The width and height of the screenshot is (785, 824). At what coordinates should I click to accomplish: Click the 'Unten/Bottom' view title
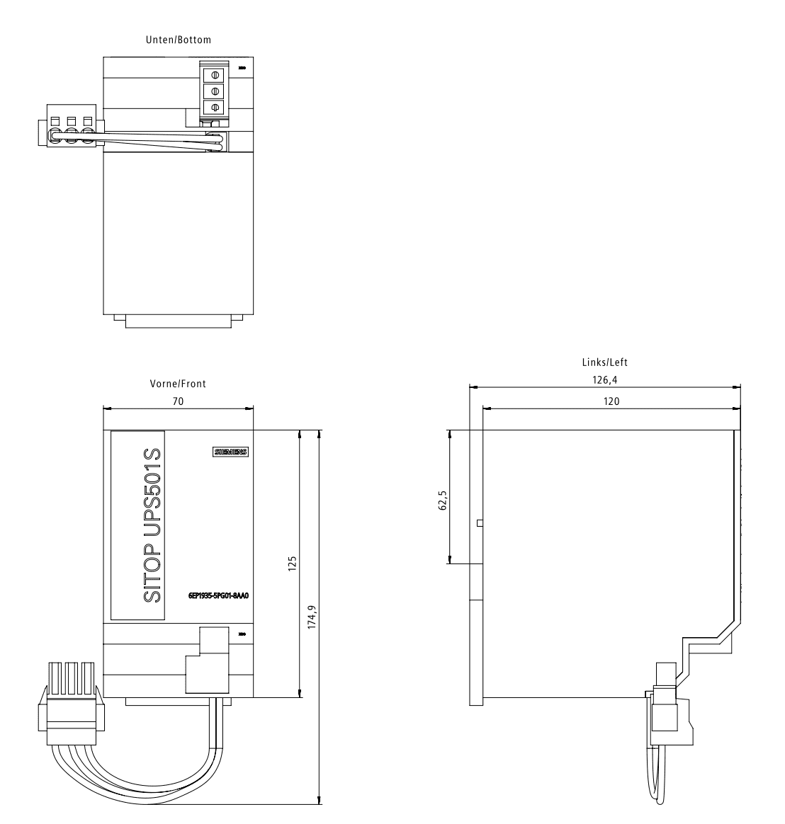click(x=179, y=40)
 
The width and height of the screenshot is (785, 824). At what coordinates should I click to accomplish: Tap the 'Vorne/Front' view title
click(x=178, y=384)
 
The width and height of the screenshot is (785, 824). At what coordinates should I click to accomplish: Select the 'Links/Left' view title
click(x=604, y=362)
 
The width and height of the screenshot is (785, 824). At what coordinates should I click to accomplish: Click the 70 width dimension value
click(x=179, y=401)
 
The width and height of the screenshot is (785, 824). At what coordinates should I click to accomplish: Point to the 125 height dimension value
click(x=293, y=563)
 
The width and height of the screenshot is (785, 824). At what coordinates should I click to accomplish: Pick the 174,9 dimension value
click(x=312, y=617)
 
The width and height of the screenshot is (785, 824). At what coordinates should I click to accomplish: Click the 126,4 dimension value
click(x=604, y=380)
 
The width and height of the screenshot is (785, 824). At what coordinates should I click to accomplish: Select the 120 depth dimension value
click(x=611, y=401)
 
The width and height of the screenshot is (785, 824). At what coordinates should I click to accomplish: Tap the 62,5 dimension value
click(x=443, y=500)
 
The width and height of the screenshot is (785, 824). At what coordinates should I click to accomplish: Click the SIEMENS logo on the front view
click(x=231, y=452)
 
